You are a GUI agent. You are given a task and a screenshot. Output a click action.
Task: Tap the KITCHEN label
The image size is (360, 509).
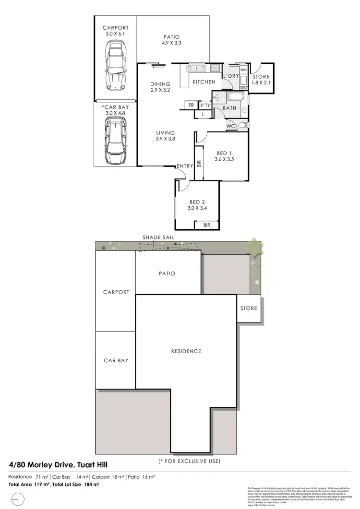click(204, 82)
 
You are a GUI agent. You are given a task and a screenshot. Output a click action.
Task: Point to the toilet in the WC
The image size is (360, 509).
click(242, 125)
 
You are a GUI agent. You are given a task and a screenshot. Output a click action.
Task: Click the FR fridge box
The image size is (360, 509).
click(191, 106)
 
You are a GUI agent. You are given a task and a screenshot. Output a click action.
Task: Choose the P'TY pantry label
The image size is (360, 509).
click(205, 106)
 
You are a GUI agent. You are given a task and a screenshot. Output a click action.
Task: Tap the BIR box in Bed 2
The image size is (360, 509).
click(206, 225)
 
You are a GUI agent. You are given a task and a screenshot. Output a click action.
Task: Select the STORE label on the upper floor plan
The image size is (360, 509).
click(261, 77)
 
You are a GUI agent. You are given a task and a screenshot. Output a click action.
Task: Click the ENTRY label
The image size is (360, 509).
click(185, 166)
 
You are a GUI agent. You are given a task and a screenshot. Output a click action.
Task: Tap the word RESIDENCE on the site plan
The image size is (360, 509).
click(186, 351)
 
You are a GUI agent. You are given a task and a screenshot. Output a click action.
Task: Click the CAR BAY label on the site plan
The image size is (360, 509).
click(116, 360)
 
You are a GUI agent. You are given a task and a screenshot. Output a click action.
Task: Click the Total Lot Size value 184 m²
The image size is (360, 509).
click(93, 485)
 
